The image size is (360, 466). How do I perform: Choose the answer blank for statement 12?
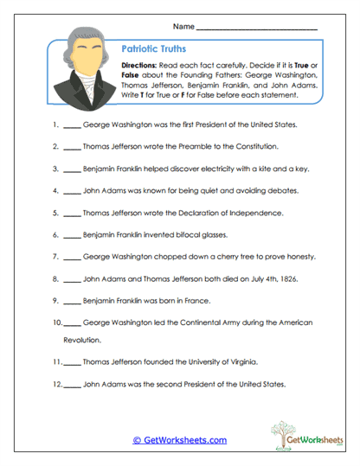tap(74, 385)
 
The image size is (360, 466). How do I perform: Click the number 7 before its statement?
tap(55, 256)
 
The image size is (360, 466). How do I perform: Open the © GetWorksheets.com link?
tap(180, 440)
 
